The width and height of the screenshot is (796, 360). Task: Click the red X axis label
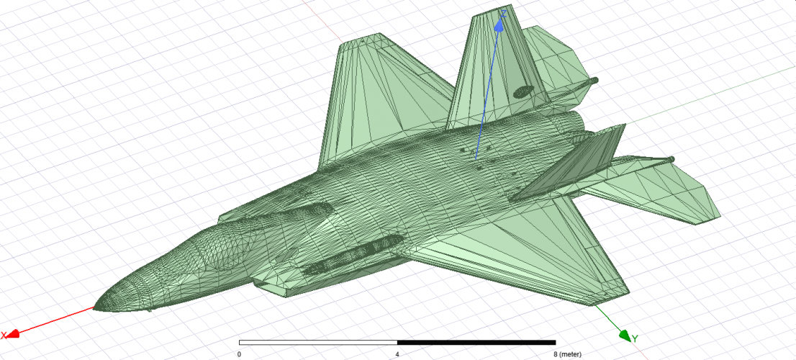tap(4, 335)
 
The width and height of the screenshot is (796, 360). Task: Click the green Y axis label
tap(635, 338)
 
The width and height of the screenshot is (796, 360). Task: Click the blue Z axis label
tap(504, 14)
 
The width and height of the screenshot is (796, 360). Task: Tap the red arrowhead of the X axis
tap(13, 333)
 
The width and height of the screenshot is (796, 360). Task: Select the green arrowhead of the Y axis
tap(625, 335)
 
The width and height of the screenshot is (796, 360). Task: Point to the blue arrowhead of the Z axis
tap(499, 27)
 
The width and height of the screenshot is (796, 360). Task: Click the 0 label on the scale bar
tap(239, 354)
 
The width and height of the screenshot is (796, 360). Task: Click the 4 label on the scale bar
tap(397, 354)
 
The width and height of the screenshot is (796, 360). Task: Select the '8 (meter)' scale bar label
tap(568, 354)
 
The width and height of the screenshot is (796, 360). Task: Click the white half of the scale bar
tap(318, 343)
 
